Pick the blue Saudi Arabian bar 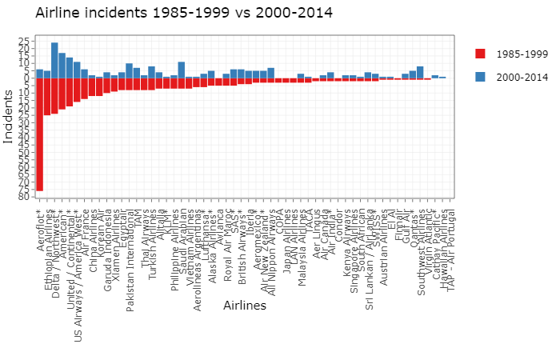coord(182,70)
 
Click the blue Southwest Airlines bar coord(420,72)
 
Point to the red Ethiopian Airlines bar coord(47,97)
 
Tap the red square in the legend coord(480,54)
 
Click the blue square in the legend coord(480,77)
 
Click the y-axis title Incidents coord(9,116)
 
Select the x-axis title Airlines coord(245,306)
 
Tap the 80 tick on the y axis coord(24,196)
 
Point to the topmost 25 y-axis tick coord(24,41)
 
